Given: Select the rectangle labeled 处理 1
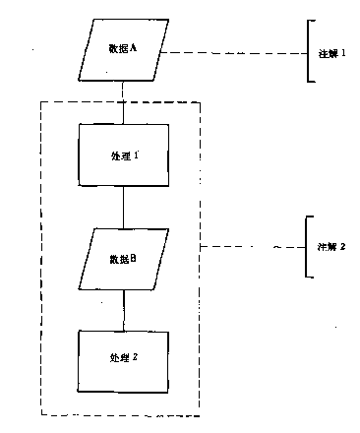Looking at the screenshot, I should click(x=123, y=155).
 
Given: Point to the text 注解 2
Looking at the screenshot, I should click(x=331, y=246).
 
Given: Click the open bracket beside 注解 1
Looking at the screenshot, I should click(x=309, y=51).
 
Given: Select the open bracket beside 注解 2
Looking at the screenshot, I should click(x=309, y=245).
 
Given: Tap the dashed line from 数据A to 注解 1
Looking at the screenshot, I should click(x=231, y=52).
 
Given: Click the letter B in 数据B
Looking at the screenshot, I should click(x=133, y=258).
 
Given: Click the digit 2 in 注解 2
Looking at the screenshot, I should click(x=344, y=246).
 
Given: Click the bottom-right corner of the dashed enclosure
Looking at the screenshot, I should click(x=200, y=412).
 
